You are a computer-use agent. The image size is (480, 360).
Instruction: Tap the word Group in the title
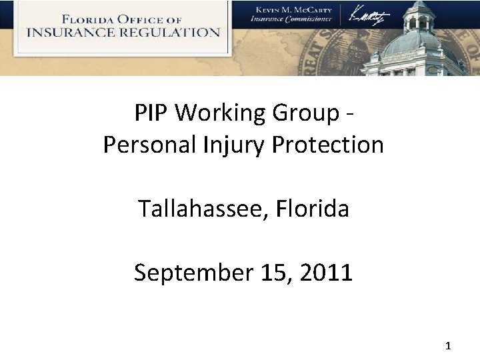point(305,114)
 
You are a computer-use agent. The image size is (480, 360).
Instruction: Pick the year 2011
point(326,273)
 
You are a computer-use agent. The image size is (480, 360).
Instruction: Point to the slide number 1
point(447,346)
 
